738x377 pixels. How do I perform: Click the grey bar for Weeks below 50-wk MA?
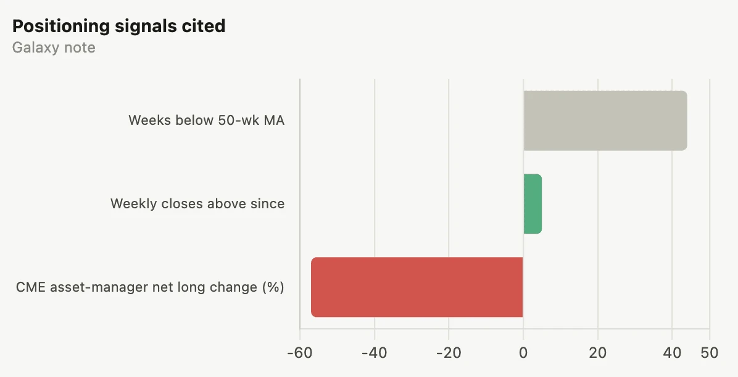[x=605, y=121]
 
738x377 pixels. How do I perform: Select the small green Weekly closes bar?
[x=533, y=203]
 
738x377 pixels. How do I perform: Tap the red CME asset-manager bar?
[x=417, y=287]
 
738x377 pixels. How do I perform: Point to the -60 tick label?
[x=300, y=352]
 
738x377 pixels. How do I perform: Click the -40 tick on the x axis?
[x=375, y=352]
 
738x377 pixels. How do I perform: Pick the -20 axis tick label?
[x=449, y=352]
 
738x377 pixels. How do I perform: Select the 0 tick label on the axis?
[x=523, y=352]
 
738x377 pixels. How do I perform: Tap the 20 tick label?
[x=598, y=352]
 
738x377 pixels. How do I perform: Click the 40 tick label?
[x=672, y=352]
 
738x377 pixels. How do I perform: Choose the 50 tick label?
[x=709, y=352]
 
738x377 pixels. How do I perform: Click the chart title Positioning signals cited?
[x=118, y=27]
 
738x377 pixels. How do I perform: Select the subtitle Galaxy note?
[x=54, y=48]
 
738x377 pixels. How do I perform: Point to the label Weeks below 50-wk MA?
[x=207, y=120]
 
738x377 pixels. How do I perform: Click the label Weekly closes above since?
[x=197, y=203]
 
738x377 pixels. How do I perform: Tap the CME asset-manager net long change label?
[x=150, y=287]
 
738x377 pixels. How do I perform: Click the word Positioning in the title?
[x=61, y=27]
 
